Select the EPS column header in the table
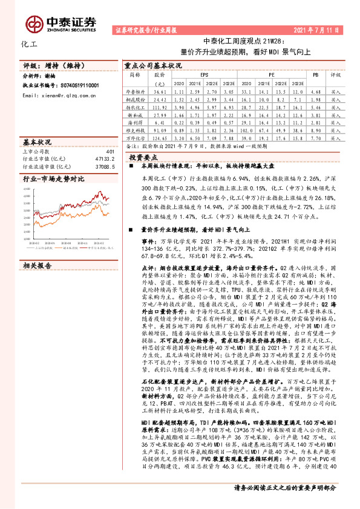point(205,74)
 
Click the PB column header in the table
point(315,74)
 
